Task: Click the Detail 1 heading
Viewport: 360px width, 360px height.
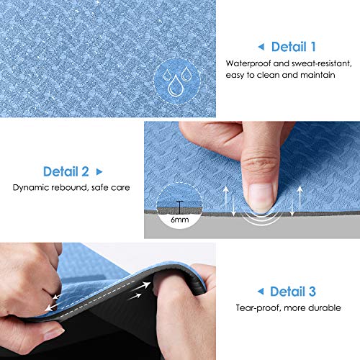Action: pyautogui.click(x=293, y=48)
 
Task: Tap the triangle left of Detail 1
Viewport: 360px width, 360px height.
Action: pyautogui.click(x=261, y=48)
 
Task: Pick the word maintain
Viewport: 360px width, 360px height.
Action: pyautogui.click(x=318, y=75)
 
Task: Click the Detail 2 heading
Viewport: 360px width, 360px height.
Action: pyautogui.click(x=66, y=172)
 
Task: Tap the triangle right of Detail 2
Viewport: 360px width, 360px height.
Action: pyautogui.click(x=99, y=172)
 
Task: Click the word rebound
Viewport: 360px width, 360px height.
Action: pyautogui.click(x=71, y=189)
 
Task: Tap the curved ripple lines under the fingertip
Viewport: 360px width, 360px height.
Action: pyautogui.click(x=256, y=216)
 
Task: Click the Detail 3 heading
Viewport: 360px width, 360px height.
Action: pyautogui.click(x=292, y=292)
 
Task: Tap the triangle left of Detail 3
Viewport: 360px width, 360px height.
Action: pyautogui.click(x=261, y=292)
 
